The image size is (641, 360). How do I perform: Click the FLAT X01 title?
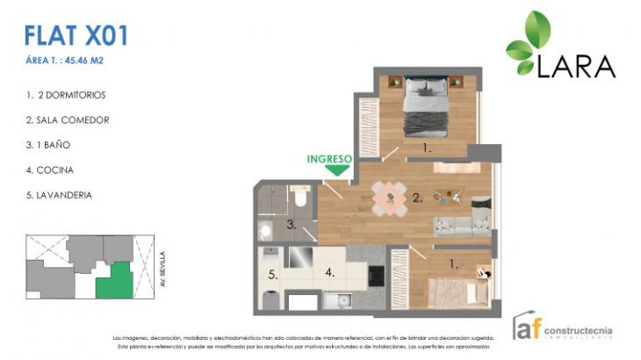(x=77, y=35)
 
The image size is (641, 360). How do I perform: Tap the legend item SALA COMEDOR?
(x=68, y=119)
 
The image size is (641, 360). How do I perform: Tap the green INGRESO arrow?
(x=329, y=170)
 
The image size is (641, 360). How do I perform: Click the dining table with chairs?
(x=389, y=198)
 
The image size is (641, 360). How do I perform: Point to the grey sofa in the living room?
(x=461, y=225)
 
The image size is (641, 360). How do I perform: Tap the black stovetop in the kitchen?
(x=378, y=274)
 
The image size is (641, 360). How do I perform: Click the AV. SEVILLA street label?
(x=162, y=269)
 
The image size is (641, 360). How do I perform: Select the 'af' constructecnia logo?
(x=562, y=328)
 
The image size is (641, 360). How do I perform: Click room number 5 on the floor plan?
(x=273, y=274)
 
